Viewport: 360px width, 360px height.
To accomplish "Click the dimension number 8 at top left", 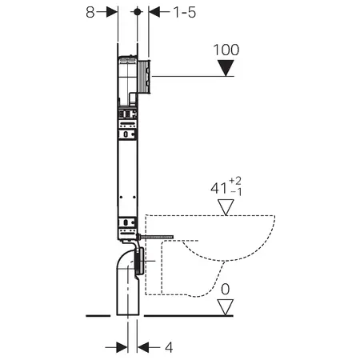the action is [90, 12].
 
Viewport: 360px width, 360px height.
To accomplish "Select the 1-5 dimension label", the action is [185, 12].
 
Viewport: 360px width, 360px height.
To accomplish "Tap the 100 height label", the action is [226, 50].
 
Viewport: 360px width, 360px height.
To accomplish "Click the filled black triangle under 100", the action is [226, 68].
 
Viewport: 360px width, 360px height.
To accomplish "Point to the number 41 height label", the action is [219, 188].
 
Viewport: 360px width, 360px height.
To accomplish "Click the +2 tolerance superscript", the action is [235, 181].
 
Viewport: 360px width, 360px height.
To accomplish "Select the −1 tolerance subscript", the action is [236, 192].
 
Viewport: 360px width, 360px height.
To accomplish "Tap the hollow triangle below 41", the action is [226, 207].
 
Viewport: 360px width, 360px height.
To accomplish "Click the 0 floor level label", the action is [226, 289].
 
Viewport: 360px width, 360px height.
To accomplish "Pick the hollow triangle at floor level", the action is [226, 307].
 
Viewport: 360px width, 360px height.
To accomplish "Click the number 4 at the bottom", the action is [169, 347].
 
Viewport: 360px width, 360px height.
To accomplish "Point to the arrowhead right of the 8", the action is [112, 12].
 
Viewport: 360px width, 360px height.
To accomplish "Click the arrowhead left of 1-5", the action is [154, 12].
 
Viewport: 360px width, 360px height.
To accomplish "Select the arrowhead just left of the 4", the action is [143, 347].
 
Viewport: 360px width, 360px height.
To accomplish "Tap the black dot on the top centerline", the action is [138, 12].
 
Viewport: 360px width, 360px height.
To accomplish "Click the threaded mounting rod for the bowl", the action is [155, 237].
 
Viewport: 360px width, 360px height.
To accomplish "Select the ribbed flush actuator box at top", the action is [144, 77].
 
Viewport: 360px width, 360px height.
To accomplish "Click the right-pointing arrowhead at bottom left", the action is [122, 347].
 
